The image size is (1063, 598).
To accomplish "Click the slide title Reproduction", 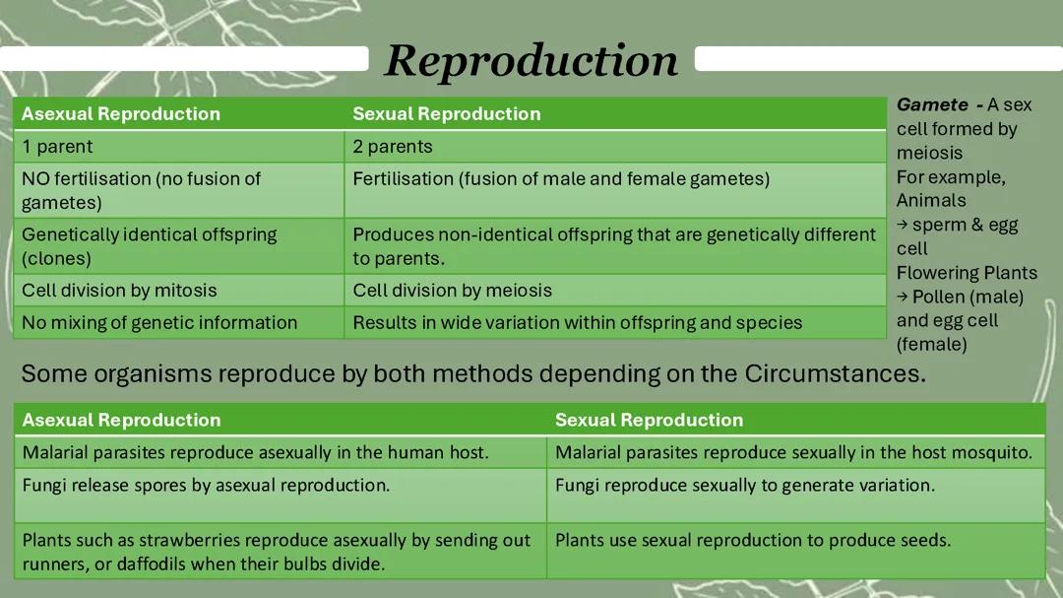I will pos(531,60).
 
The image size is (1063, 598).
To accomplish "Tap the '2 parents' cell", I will pos(393,147).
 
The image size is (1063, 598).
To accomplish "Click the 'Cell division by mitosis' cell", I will pos(119,291).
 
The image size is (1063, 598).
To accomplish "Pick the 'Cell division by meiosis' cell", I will pos(452,291).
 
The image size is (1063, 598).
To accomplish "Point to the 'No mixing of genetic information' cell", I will pos(159,322).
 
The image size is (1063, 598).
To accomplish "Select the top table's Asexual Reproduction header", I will pos(121,113).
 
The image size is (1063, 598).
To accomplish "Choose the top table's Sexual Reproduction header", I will pos(447,113).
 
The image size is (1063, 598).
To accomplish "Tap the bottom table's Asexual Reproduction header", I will pos(121,420).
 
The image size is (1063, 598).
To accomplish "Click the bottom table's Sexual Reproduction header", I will pos(649,420).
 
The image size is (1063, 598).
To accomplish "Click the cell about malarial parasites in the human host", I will pos(255,453).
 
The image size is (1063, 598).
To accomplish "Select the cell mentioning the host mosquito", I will pos(793,453).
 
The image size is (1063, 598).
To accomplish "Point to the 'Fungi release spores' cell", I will pos(206,485).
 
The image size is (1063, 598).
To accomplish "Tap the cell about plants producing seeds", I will pos(753,540).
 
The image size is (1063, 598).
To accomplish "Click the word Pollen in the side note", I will pos(940,297).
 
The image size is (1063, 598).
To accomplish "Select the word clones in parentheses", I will pos(56,259).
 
